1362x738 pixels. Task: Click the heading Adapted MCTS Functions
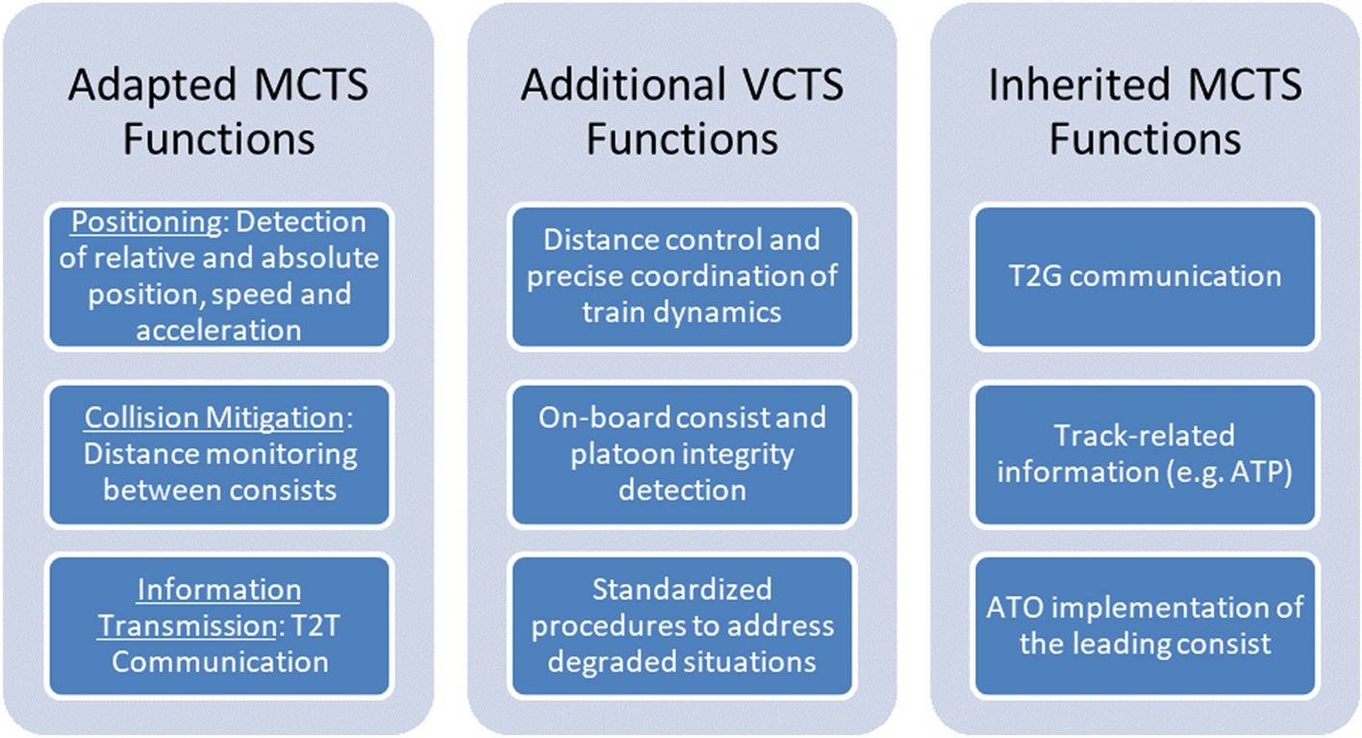pos(218,112)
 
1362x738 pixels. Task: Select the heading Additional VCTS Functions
pos(682,112)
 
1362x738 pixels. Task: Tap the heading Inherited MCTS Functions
pos(1145,112)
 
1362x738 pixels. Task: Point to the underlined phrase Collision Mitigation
pos(214,418)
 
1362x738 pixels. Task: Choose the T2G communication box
pos(1145,276)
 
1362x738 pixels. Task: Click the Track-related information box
pos(1145,454)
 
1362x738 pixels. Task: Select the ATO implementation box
pos(1145,625)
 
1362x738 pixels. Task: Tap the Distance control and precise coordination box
pos(682,275)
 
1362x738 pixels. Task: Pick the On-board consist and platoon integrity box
pos(682,454)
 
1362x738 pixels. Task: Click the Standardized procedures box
pos(682,625)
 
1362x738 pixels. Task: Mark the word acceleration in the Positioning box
pos(218,330)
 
